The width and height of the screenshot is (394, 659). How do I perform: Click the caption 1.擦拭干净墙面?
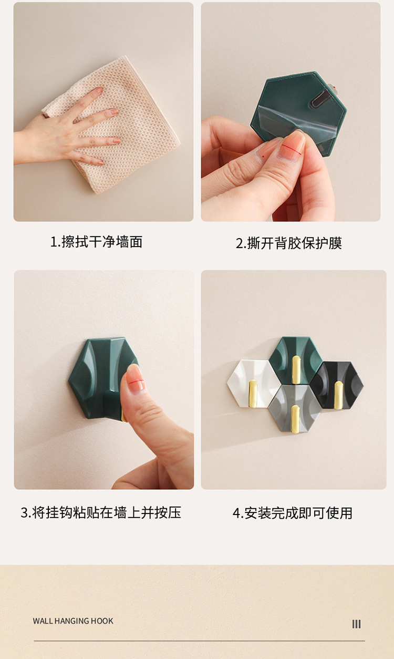point(97,242)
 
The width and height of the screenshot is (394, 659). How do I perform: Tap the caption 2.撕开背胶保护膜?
point(289,243)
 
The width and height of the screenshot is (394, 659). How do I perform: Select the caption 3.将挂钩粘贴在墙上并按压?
point(101,512)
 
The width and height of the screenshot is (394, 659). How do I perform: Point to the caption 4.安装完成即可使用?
point(293,513)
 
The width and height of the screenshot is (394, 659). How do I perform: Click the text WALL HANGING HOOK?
point(73,621)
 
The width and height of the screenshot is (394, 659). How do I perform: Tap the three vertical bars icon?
point(356,624)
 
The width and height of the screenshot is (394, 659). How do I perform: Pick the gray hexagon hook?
point(294,409)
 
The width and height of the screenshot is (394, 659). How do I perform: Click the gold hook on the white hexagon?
point(253,394)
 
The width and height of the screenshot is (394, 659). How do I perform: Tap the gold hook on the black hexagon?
point(338,395)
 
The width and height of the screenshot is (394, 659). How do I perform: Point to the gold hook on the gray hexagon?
point(295,419)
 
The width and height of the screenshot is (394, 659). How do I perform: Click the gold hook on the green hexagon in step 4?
point(296,370)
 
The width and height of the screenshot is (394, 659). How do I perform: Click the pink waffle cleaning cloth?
point(118,123)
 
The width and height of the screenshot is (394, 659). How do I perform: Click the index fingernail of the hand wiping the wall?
point(98,90)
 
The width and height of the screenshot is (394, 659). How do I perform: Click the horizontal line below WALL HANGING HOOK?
point(199,641)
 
